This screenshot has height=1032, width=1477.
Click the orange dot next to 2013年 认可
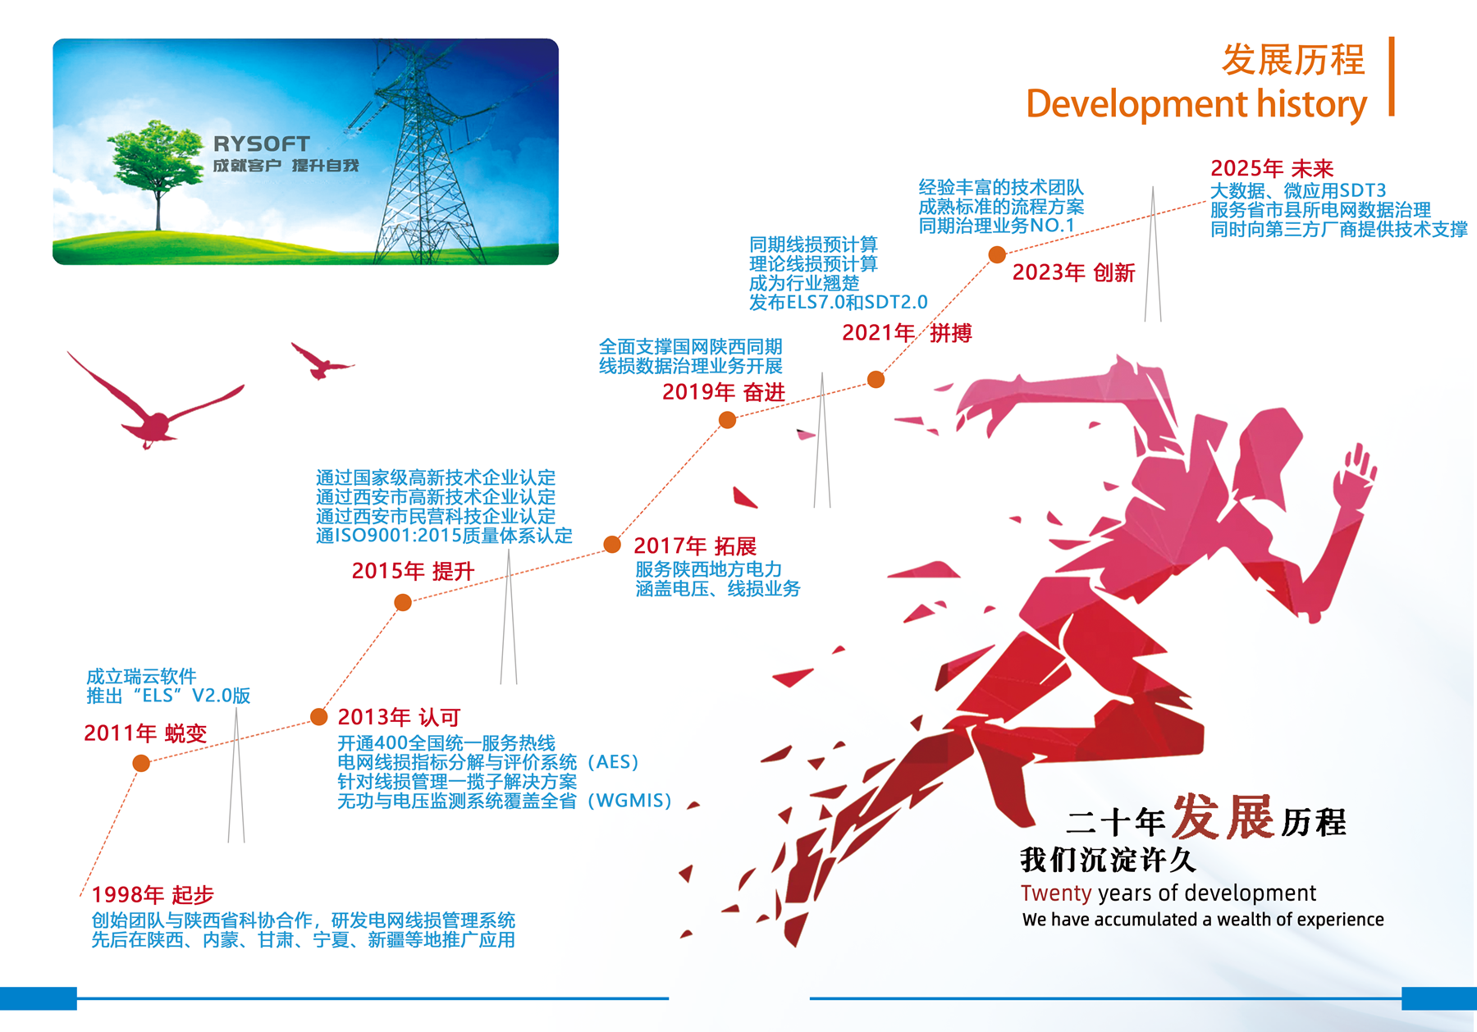(x=319, y=717)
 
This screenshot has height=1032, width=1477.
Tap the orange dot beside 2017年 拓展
(x=612, y=544)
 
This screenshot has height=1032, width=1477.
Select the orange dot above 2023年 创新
(x=997, y=254)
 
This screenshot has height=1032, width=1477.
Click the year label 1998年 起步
(x=153, y=894)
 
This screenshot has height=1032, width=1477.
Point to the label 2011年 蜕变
(x=145, y=733)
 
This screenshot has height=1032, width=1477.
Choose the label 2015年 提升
(x=413, y=571)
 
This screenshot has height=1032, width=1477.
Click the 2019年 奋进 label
(x=724, y=392)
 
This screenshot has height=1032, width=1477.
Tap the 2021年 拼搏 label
(x=907, y=332)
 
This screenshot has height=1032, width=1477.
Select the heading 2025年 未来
(x=1272, y=168)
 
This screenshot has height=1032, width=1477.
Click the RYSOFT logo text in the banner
(x=262, y=144)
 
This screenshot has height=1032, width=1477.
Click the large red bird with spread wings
(x=155, y=402)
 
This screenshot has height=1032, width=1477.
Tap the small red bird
(x=321, y=361)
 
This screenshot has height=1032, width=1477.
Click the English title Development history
(x=1196, y=104)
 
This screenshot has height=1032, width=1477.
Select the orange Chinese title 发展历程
(x=1293, y=60)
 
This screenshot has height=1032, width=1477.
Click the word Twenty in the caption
(x=1056, y=893)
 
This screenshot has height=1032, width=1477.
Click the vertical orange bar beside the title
(x=1392, y=76)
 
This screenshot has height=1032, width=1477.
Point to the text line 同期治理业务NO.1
(x=996, y=226)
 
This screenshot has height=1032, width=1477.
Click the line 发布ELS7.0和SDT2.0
(x=838, y=303)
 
